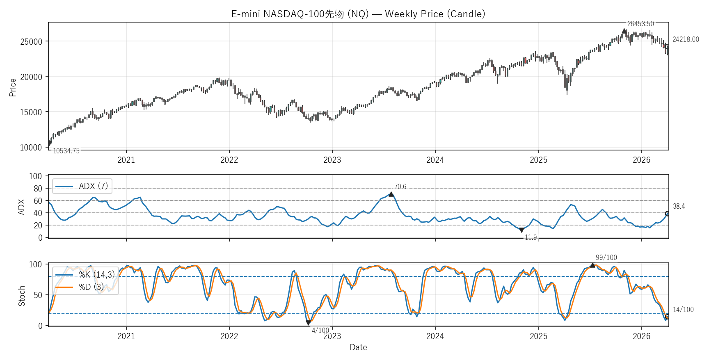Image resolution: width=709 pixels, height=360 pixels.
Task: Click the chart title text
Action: (x=358, y=14)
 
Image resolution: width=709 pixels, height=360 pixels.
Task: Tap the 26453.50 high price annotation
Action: (x=640, y=24)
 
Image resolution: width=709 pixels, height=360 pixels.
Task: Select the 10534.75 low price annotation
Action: (x=66, y=151)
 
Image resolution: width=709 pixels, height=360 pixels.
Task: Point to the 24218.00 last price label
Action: (x=685, y=39)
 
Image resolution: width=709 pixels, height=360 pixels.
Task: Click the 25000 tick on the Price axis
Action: (x=31, y=41)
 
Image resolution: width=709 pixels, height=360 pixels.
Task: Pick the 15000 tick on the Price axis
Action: (x=31, y=112)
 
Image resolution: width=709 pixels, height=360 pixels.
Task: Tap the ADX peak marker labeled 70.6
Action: (x=391, y=194)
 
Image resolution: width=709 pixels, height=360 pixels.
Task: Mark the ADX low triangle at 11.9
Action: (x=521, y=230)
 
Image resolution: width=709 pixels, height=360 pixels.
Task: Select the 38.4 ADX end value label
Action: (x=679, y=206)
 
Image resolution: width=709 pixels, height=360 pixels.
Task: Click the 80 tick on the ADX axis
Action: (x=38, y=189)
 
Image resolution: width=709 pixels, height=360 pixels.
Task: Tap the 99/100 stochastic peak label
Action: (x=606, y=257)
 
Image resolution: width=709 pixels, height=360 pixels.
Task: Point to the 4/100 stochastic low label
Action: (x=320, y=330)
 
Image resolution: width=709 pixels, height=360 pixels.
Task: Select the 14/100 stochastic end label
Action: (x=683, y=310)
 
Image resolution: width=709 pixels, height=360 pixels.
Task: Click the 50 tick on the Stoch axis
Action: (x=38, y=295)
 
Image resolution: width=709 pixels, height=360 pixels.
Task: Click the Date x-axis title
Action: (x=358, y=347)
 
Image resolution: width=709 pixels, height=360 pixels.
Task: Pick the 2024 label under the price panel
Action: (x=435, y=160)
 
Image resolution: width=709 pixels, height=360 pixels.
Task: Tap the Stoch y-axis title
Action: (x=22, y=296)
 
